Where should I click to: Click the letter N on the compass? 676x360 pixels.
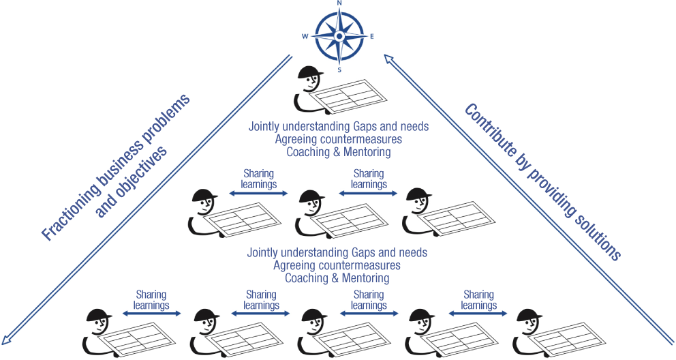click(x=339, y=3)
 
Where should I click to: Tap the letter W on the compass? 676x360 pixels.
click(x=305, y=36)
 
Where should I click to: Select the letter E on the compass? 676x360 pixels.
click(x=371, y=36)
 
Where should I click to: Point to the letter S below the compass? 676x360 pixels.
click(x=339, y=70)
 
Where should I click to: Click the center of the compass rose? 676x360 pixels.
click(x=339, y=36)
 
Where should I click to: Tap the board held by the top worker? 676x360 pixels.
click(x=349, y=95)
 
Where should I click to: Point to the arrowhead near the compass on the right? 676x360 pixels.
click(x=388, y=61)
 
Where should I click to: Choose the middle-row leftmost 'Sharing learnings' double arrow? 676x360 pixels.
click(x=258, y=194)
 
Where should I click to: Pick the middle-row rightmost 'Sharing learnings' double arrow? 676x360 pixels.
click(x=368, y=194)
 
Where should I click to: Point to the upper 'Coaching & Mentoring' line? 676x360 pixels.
click(x=339, y=152)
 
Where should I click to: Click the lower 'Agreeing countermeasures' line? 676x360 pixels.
click(x=337, y=265)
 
